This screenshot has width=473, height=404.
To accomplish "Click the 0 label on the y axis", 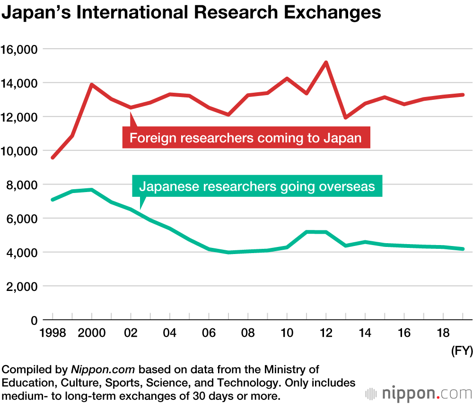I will (x=34, y=320).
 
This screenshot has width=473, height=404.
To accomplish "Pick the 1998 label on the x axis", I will (x=52, y=333).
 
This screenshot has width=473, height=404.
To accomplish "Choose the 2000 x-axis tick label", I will (x=91, y=333).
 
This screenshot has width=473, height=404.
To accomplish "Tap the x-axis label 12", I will (x=326, y=333).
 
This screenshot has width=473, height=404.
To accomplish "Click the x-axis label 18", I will (x=443, y=333).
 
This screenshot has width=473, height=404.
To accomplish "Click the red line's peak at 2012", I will (x=326, y=62).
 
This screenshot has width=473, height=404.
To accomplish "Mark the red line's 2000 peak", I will (x=91, y=85).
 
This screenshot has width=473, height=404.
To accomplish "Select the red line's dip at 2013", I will (x=346, y=117).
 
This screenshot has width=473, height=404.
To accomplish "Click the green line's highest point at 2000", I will (x=91, y=190).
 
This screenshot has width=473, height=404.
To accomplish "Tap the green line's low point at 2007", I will (x=228, y=252).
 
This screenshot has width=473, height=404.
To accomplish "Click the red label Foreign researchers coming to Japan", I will (x=246, y=138).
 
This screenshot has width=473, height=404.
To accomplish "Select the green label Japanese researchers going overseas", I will (x=257, y=186).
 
